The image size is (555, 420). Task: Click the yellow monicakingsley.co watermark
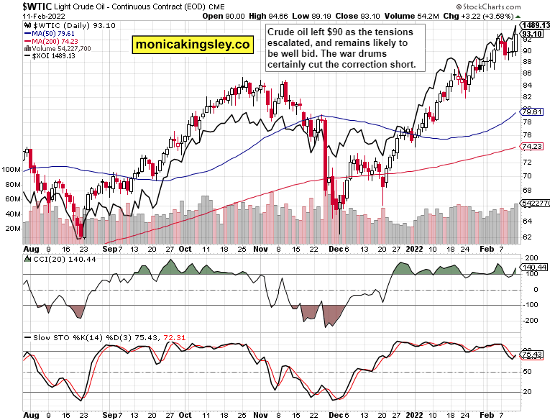click(x=193, y=45)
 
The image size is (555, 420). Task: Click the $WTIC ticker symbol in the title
click(x=17, y=6)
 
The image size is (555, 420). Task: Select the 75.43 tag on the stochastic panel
click(x=532, y=355)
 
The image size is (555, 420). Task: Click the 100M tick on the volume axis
click(x=12, y=170)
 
